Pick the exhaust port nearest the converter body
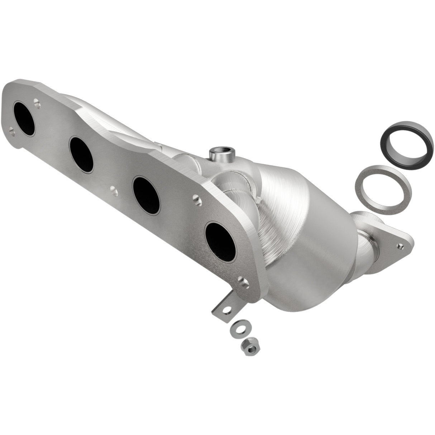(220, 241)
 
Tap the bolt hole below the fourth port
(244, 282)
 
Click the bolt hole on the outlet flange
(401, 246)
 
